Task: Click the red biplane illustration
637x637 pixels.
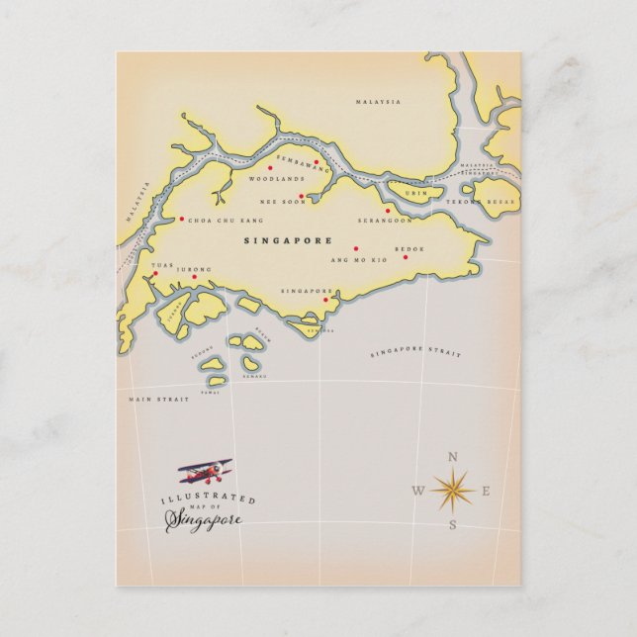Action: (x=205, y=470)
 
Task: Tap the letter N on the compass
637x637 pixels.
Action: (x=453, y=457)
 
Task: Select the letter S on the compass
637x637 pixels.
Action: (x=453, y=524)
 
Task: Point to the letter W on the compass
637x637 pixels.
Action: (x=418, y=492)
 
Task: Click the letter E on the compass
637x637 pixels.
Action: (x=487, y=491)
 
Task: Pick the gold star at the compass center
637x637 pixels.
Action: (x=453, y=490)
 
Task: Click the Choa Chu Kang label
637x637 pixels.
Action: (x=227, y=220)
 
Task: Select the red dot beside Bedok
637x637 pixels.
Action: (x=406, y=257)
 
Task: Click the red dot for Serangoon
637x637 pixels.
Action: (x=388, y=210)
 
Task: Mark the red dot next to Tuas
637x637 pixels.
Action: (x=155, y=274)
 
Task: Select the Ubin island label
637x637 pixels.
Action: (x=418, y=193)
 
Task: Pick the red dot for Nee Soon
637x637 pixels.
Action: (x=301, y=196)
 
